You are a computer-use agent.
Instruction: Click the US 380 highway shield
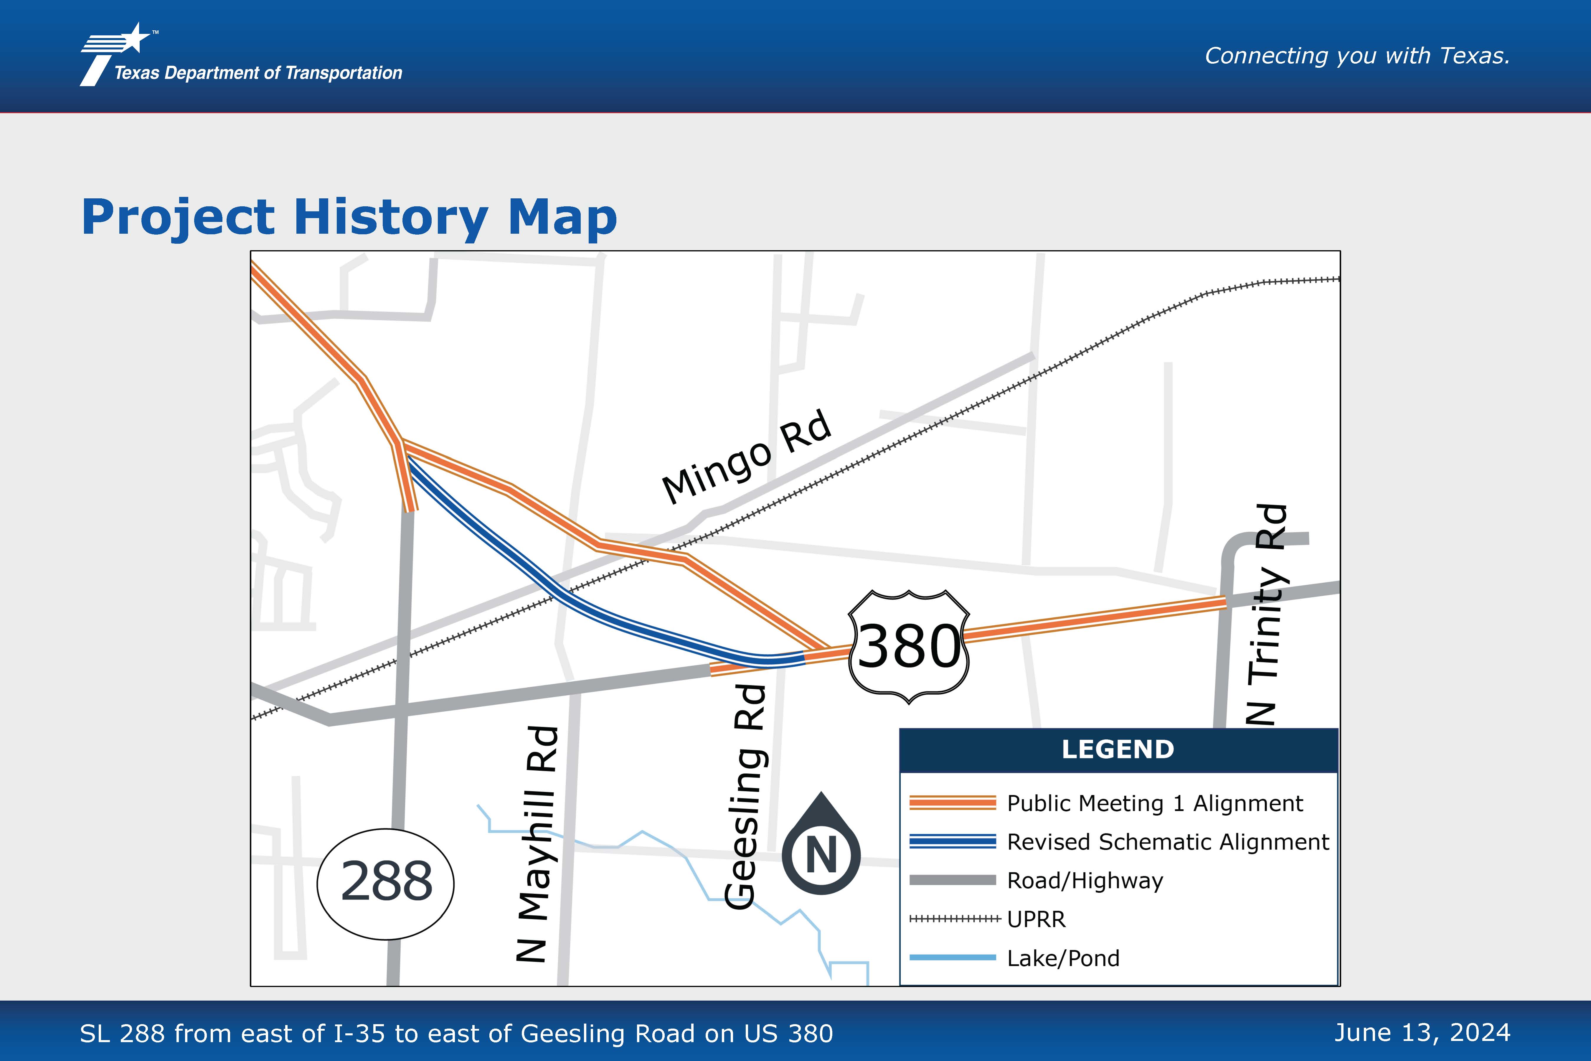click(x=908, y=646)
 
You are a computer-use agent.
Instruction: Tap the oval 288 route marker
click(x=386, y=884)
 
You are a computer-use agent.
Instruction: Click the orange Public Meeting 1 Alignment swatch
click(x=953, y=803)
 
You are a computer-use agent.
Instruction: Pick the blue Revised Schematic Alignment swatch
click(x=953, y=841)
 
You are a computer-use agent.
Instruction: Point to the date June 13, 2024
click(x=1422, y=1033)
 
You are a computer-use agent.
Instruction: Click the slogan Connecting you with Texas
click(x=1357, y=55)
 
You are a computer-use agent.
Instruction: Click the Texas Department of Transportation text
click(x=258, y=73)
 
